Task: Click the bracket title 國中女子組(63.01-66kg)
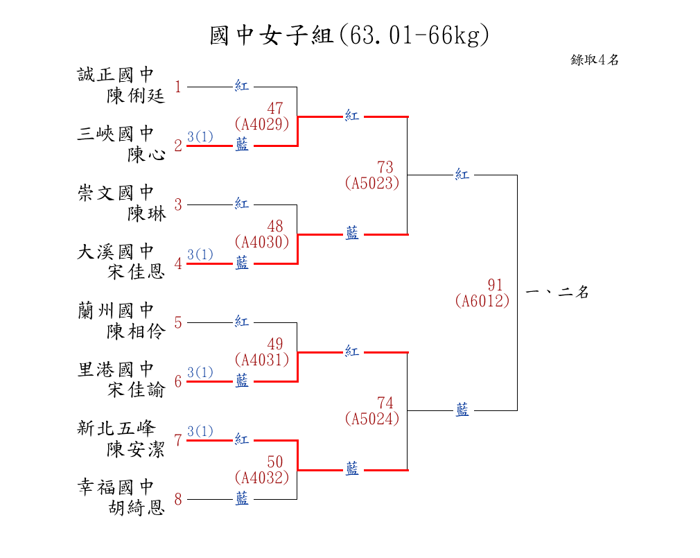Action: (349, 35)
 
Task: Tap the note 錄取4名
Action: (595, 60)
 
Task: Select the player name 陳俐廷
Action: (136, 96)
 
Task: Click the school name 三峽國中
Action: (116, 134)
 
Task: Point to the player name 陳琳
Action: (146, 213)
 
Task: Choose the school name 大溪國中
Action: (116, 252)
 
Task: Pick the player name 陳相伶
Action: (136, 331)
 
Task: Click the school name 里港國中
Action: (116, 369)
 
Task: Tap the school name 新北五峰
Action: (116, 428)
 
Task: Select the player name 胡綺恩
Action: (136, 508)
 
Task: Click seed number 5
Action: (178, 323)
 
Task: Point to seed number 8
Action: (178, 500)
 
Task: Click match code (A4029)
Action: (261, 124)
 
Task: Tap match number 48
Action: (275, 227)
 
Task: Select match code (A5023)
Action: (371, 183)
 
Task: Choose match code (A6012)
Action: (482, 301)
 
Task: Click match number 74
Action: (385, 403)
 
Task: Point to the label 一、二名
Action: (557, 293)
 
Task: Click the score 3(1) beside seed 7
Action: (200, 432)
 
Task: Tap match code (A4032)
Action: (261, 478)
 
